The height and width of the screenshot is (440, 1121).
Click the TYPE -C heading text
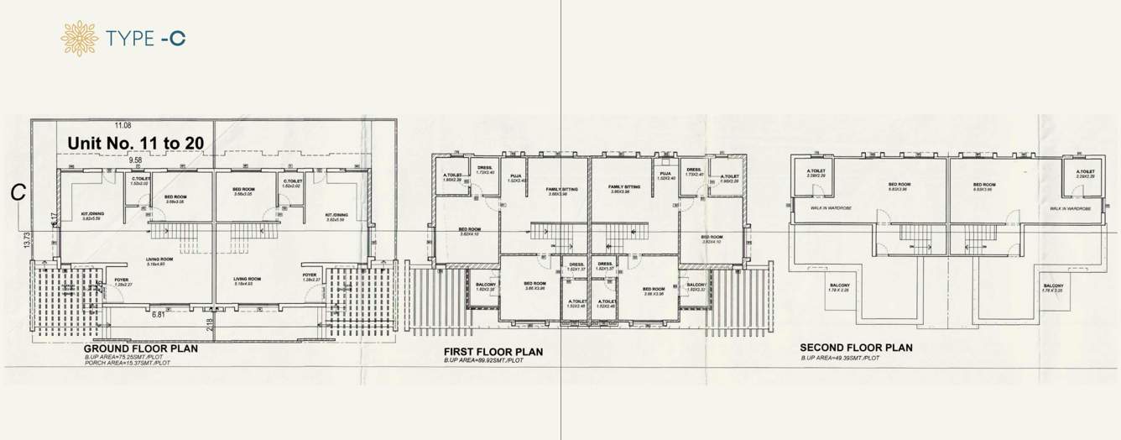point(146,38)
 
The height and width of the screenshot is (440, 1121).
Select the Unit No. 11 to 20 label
point(134,143)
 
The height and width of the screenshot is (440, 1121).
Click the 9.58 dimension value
point(136,159)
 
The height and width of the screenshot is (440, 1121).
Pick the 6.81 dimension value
point(158,316)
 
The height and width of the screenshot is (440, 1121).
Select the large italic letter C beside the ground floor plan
point(16,192)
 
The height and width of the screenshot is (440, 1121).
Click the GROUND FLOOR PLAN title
point(141,348)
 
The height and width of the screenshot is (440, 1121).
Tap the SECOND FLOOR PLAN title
point(856,348)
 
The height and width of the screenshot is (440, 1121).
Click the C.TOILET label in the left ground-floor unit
point(140,180)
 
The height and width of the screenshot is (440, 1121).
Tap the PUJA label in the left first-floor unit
point(516,176)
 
